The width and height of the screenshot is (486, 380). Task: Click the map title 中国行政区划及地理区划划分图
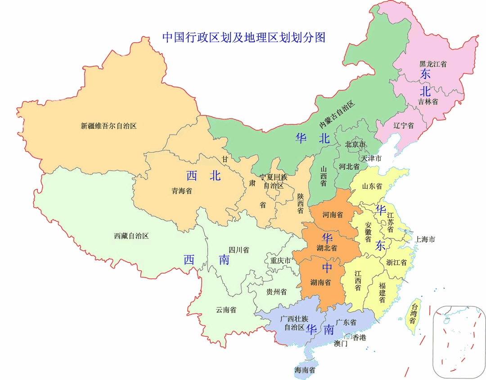[243, 37]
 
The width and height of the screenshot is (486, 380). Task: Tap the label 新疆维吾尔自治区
[108, 126]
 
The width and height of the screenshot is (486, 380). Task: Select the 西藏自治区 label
[131, 235]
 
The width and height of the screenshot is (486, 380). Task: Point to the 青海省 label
[181, 191]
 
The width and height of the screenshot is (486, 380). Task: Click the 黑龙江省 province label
[433, 64]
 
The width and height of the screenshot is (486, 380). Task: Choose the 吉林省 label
[427, 102]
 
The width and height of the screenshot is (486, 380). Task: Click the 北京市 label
[355, 145]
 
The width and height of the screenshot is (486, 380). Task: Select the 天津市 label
[371, 158]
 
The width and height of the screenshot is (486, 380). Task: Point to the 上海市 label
[425, 239]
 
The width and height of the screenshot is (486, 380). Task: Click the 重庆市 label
[280, 260]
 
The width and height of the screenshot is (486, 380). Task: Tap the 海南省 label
[305, 371]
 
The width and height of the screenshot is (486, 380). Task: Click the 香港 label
[359, 338]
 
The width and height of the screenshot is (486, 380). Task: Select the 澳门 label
[341, 344]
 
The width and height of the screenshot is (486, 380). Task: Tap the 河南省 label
[333, 215]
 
